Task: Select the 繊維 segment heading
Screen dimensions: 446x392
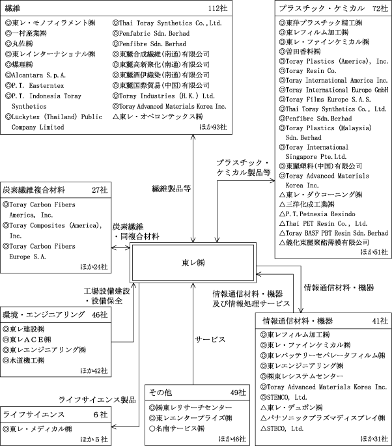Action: (13, 8)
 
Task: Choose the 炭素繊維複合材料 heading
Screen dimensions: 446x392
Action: (35, 190)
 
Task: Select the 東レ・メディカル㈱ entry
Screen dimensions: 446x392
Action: (40, 429)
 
